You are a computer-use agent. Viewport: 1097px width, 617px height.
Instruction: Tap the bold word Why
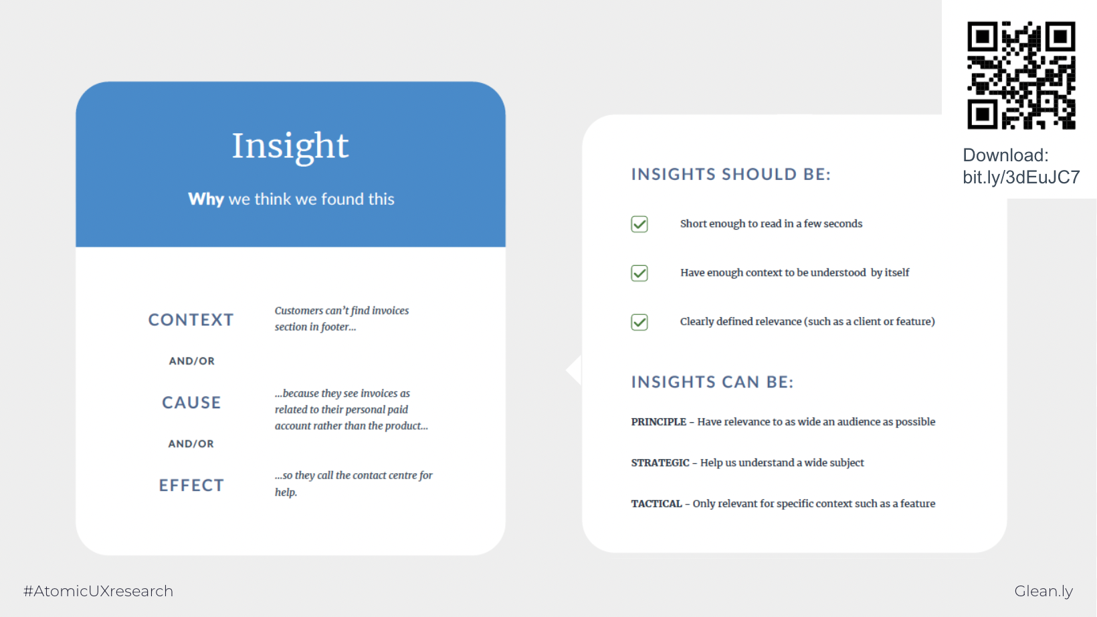206,199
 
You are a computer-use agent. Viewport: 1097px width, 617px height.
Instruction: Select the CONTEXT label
191,319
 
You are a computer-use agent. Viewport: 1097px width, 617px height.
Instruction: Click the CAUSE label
191,402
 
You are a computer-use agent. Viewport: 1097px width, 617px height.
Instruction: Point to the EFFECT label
191,485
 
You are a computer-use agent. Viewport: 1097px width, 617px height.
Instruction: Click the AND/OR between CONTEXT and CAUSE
191,361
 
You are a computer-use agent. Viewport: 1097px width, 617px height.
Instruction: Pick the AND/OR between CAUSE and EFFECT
191,444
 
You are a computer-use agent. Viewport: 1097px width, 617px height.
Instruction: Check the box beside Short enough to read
639,224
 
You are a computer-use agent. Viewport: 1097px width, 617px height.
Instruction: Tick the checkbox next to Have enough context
639,273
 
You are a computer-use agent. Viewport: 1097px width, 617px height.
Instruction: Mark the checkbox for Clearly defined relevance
639,322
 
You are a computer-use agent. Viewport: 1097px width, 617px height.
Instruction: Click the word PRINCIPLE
658,422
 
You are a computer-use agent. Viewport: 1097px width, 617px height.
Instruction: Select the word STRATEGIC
660,462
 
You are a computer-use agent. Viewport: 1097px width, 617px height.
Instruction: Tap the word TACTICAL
656,504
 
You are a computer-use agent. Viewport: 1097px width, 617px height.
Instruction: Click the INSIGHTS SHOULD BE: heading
730,174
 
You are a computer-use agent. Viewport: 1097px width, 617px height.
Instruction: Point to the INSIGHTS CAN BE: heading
712,381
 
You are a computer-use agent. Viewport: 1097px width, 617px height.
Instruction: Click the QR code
1021,75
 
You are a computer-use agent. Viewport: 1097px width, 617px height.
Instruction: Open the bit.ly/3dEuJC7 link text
1021,177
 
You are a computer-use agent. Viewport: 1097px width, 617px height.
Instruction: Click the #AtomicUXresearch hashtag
98,591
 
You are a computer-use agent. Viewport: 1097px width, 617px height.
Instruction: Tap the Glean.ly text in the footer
1043,591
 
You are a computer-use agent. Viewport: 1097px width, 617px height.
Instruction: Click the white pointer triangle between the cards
575,370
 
